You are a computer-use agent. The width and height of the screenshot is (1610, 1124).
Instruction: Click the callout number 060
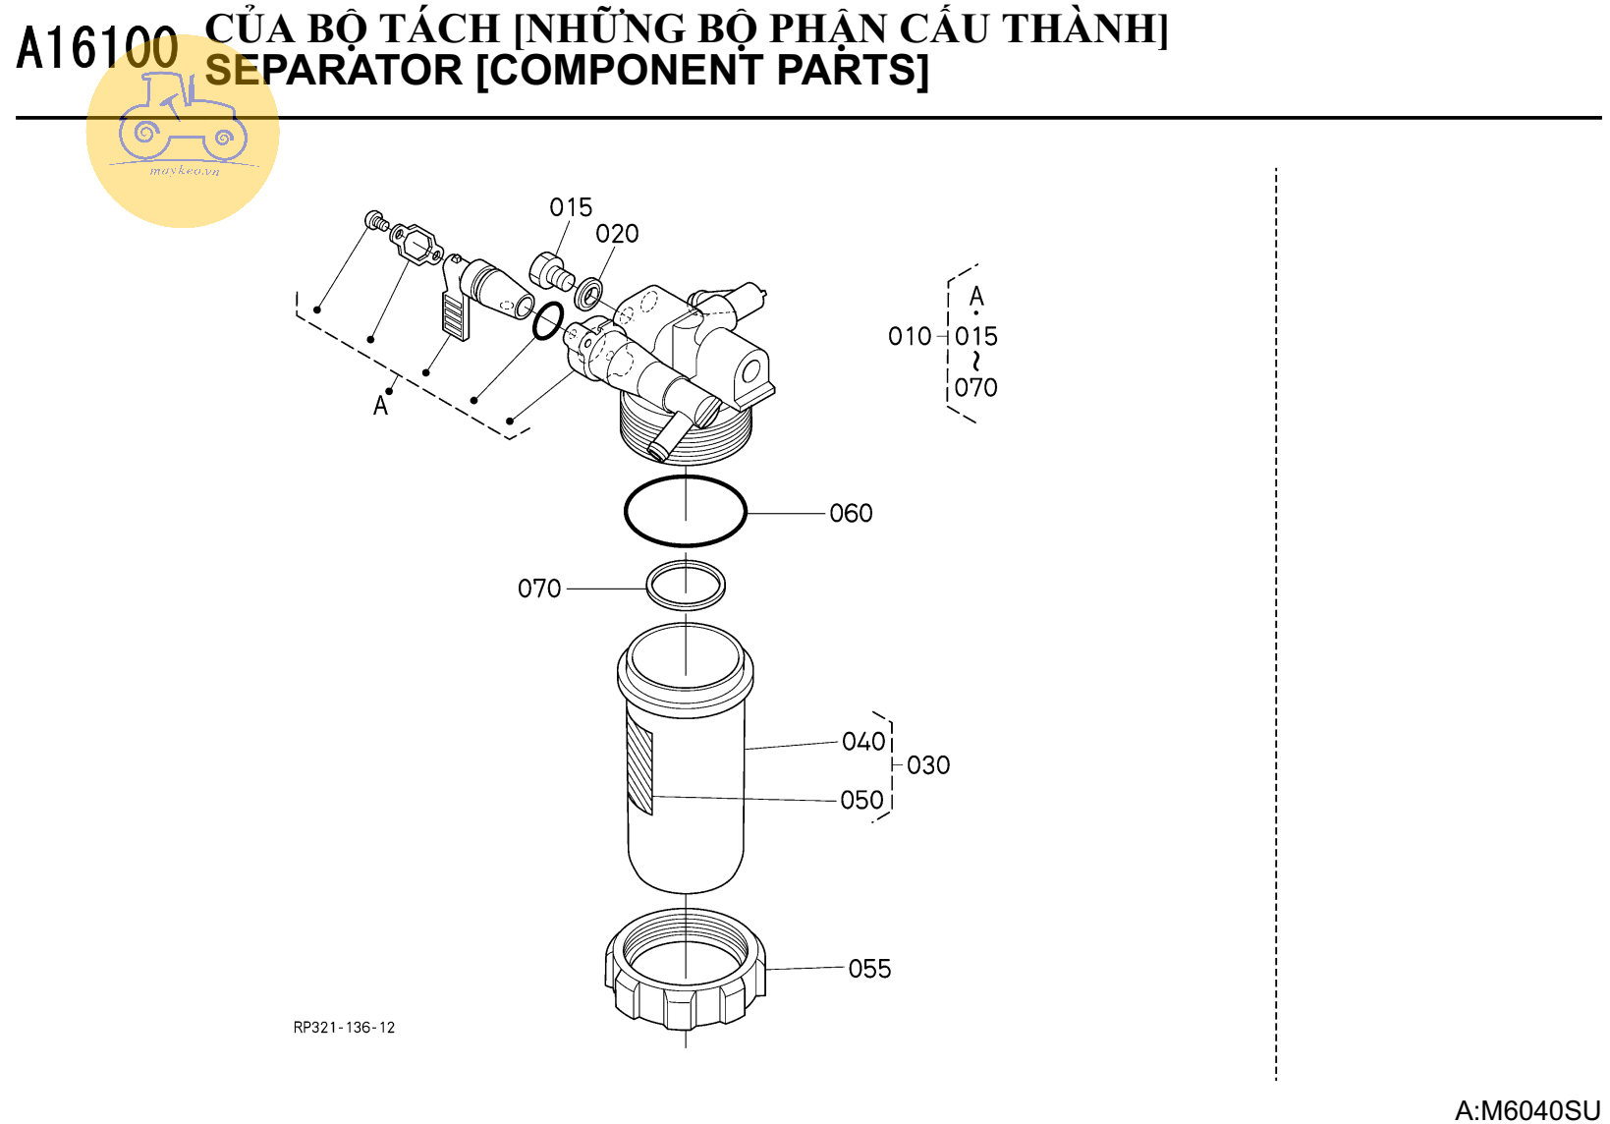(851, 513)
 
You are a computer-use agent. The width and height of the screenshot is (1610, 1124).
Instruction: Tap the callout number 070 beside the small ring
(539, 589)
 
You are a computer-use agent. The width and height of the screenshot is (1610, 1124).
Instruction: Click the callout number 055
(869, 969)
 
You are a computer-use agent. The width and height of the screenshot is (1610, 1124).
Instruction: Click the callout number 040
(863, 742)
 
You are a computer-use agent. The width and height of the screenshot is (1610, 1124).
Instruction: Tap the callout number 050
(861, 800)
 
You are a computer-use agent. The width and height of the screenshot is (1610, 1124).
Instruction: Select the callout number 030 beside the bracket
(928, 765)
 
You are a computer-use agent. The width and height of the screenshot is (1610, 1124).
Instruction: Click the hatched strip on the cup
(640, 770)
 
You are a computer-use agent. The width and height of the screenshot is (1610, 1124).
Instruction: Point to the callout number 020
(617, 234)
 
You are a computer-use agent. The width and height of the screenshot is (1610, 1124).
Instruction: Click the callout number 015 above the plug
(571, 207)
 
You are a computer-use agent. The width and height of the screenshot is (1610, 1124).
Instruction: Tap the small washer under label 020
(588, 293)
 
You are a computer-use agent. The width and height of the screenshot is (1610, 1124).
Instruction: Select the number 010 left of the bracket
(910, 337)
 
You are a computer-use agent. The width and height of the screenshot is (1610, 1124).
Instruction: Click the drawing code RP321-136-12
(344, 1028)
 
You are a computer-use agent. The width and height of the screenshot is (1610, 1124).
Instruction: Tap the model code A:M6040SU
(1527, 1110)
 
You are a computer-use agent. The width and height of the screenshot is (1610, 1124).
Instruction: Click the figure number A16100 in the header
(97, 49)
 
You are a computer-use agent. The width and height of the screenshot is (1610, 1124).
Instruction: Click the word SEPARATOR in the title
(333, 71)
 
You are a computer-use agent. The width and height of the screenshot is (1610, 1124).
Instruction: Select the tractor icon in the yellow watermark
(183, 121)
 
